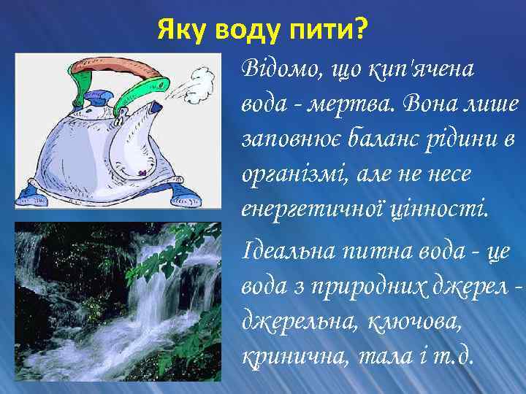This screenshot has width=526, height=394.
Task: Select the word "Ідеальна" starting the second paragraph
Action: click(281, 252)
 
